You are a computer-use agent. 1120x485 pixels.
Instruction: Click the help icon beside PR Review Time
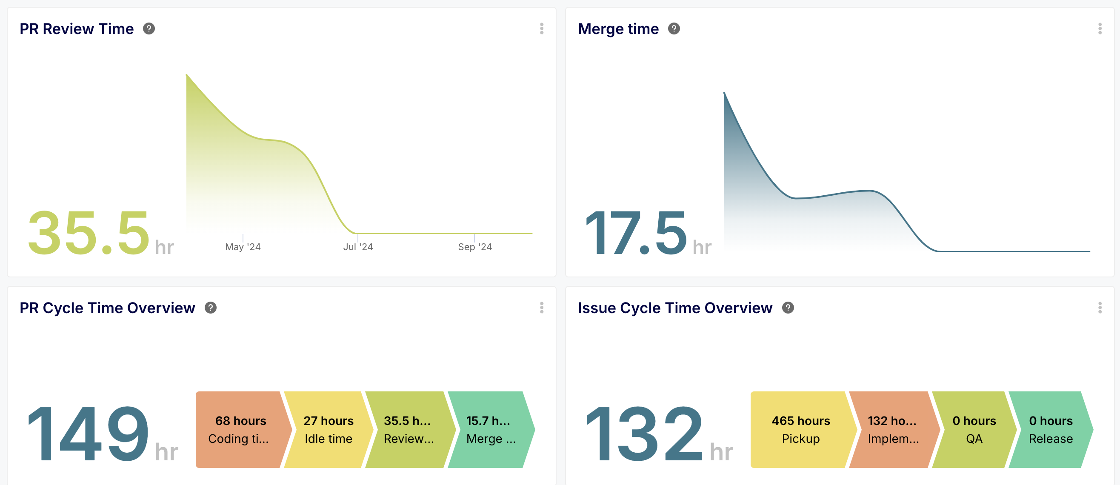tap(149, 29)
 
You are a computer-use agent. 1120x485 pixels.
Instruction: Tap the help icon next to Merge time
tap(674, 29)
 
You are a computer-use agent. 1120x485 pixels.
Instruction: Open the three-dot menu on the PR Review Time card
tap(541, 29)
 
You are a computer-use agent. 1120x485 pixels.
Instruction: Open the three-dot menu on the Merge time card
tap(1100, 29)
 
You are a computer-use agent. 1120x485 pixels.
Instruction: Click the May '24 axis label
tap(243, 247)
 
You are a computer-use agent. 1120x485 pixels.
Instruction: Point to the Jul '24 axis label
tap(358, 247)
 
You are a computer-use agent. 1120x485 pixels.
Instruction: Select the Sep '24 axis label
tap(475, 247)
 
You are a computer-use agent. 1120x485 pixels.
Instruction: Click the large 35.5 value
tap(89, 234)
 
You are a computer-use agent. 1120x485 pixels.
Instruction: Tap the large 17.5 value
tap(636, 234)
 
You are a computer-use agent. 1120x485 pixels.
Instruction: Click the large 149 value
tap(88, 433)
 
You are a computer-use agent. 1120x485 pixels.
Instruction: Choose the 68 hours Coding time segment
tap(240, 429)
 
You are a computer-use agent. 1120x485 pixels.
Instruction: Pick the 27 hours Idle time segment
tap(328, 429)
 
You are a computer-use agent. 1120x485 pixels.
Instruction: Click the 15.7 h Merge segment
tap(491, 429)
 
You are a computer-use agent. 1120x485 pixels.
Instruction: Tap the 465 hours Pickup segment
tap(800, 429)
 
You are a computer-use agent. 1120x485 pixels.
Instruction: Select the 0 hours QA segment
tap(974, 429)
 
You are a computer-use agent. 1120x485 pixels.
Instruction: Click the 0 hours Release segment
tap(1051, 429)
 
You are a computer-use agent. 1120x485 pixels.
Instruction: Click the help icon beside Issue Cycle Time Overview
tap(788, 308)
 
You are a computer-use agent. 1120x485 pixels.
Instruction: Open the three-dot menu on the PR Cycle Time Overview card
tap(541, 308)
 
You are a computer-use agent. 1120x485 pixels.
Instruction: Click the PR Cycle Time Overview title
tap(107, 308)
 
